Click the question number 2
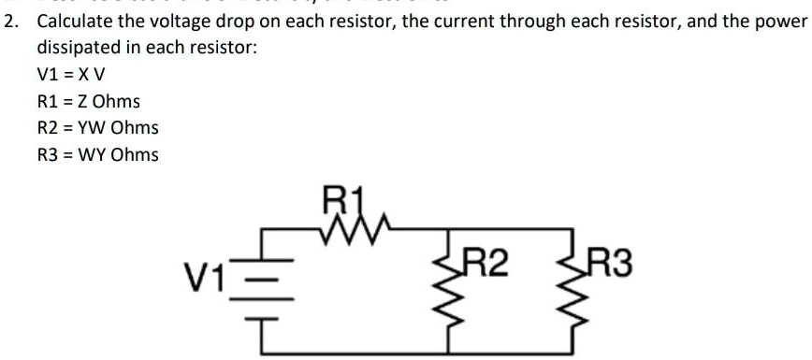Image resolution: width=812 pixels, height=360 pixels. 10,21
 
